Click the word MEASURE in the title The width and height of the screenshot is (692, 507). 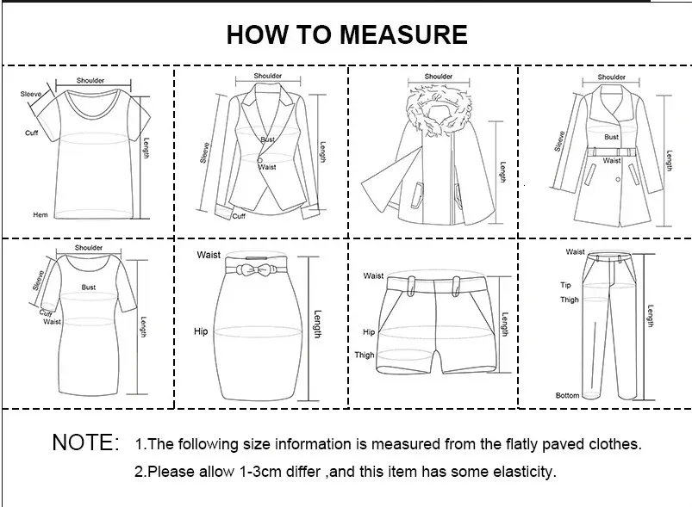tap(403, 34)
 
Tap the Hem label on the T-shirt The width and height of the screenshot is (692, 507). tap(41, 214)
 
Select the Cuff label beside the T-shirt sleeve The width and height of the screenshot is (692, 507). tap(31, 133)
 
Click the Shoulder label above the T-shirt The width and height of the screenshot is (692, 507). tap(90, 80)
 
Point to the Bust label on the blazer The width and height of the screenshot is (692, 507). tap(267, 139)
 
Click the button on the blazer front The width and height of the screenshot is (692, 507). tap(260, 160)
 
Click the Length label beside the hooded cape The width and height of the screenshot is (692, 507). tap(502, 172)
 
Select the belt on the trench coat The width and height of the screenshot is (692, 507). tap(611, 151)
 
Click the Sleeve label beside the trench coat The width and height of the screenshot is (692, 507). tap(559, 141)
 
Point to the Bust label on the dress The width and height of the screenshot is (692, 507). tap(88, 287)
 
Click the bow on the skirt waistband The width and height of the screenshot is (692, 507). tap(253, 269)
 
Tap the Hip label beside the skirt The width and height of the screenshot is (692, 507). tap(201, 331)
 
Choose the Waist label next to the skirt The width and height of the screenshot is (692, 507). tap(209, 255)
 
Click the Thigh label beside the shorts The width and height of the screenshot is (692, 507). tap(365, 355)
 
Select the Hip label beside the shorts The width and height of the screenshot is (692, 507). tap(369, 332)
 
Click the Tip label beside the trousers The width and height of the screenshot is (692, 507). tap(566, 285)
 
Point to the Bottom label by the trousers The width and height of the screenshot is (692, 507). tap(568, 395)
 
